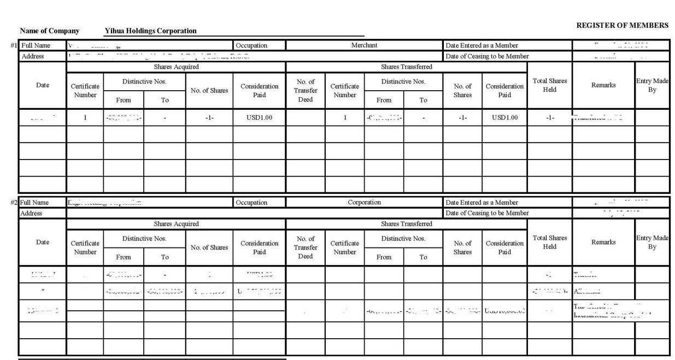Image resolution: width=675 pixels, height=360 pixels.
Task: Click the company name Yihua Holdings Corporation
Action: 150,31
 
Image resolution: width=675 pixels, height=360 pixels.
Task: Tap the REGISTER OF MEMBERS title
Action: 622,26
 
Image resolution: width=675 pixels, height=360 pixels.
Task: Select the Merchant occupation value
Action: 364,45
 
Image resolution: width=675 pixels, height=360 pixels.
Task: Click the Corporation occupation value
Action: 364,203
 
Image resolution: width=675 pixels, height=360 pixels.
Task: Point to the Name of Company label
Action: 49,31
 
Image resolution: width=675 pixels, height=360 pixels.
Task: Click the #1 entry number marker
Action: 14,45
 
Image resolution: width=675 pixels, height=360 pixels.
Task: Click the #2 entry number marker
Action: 14,203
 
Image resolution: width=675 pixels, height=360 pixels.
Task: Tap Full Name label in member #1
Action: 35,45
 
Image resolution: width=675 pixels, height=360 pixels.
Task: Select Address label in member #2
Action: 32,214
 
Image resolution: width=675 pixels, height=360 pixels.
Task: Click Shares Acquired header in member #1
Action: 176,67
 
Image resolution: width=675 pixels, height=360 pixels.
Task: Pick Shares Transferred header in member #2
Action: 406,224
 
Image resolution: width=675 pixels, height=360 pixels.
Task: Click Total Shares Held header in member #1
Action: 549,85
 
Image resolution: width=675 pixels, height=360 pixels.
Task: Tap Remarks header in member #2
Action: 603,243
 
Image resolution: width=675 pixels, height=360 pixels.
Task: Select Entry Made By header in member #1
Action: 652,85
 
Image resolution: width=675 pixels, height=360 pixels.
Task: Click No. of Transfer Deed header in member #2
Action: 305,247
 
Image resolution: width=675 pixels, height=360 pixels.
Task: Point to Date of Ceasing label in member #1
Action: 487,56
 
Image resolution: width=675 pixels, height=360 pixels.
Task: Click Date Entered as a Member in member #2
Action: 482,203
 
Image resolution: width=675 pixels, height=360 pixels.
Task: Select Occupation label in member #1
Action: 251,45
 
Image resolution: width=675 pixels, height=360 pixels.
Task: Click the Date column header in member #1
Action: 43,85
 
